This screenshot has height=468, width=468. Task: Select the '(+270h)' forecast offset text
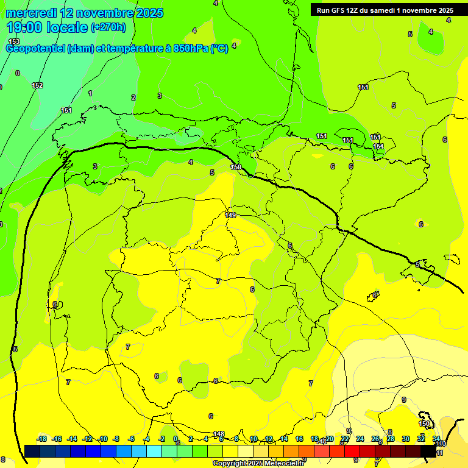pyautogui.click(x=108, y=27)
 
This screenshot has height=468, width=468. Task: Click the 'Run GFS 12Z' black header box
pyautogui.click(x=385, y=10)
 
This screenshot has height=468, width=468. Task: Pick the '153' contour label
pyautogui.click(x=14, y=41)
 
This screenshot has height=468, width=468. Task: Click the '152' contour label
pyautogui.click(x=37, y=85)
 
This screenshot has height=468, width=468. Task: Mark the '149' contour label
pyautogui.click(x=230, y=214)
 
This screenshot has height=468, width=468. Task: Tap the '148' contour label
pyautogui.click(x=219, y=434)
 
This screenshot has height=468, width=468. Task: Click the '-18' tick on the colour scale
pyautogui.click(x=42, y=439)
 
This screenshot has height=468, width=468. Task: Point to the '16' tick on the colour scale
pyautogui.click(x=299, y=439)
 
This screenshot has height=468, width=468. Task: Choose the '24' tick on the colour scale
pyautogui.click(x=360, y=439)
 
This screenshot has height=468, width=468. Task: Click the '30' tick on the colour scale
pyautogui.click(x=406, y=439)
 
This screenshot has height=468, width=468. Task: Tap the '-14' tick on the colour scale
pyautogui.click(x=71, y=439)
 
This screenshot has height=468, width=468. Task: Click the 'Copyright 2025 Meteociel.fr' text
pyautogui.click(x=258, y=463)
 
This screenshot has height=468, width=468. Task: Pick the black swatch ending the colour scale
pyautogui.click(x=428, y=451)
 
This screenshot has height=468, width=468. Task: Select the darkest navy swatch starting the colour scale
pyautogui.click(x=32, y=451)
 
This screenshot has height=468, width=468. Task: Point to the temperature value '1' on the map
pyautogui.click(x=90, y=93)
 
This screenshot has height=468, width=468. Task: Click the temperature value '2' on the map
pyautogui.click(x=133, y=97)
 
